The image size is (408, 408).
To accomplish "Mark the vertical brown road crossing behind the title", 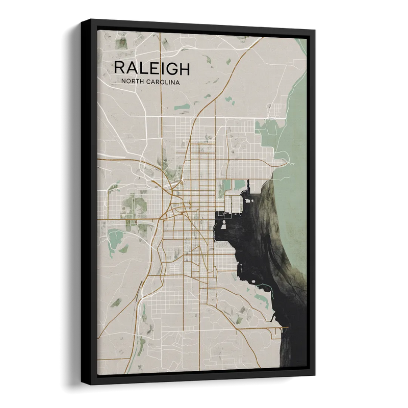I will click(x=162, y=66).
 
